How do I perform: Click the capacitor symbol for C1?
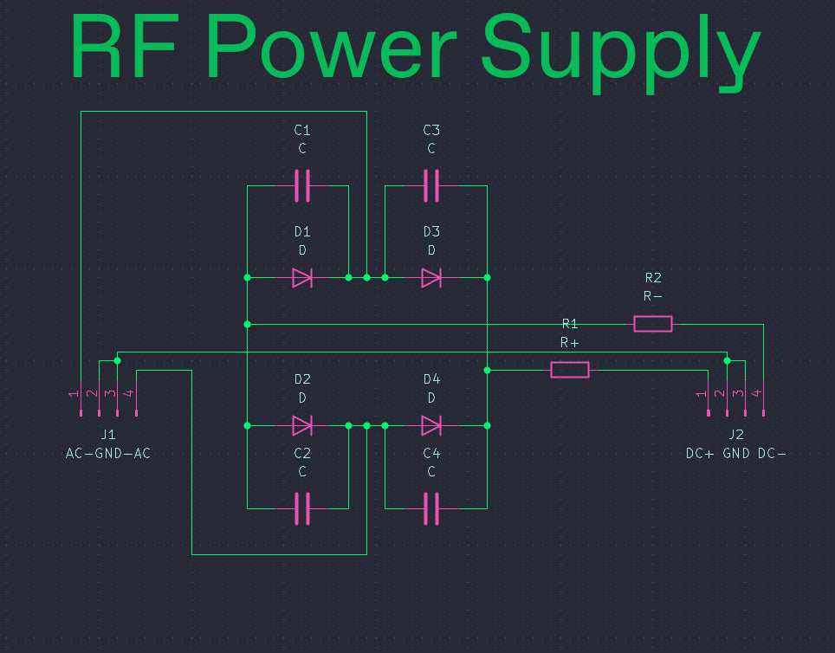302,186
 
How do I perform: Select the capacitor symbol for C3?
431,186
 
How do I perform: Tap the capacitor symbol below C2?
302,508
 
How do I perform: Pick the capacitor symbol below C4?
431,508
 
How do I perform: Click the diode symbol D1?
302,277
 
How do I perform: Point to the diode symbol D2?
302,425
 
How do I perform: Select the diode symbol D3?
431,277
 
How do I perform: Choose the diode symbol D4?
431,425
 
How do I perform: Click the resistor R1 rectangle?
570,370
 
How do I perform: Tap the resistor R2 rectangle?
653,324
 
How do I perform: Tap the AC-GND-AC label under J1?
108,453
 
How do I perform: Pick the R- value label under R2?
653,296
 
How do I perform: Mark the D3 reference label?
431,232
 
